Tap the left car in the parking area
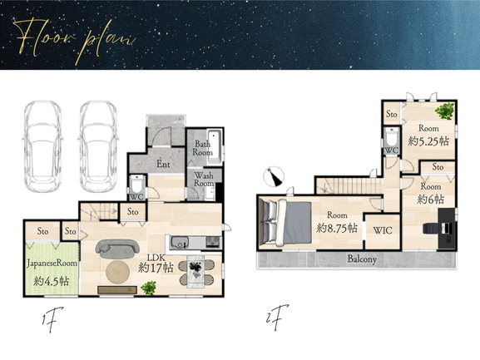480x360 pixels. pos(42,147)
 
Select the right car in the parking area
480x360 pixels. pos(98,147)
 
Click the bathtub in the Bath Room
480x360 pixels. pos(215,147)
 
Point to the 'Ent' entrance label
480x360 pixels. pos(163,165)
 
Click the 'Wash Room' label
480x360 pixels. pos(204,180)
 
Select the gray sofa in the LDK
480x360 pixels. pos(117,249)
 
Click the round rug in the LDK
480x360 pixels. pos(118,272)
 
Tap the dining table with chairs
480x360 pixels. pos(196,271)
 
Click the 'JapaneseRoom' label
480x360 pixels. pos(52,264)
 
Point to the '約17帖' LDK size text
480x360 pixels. pos(156,268)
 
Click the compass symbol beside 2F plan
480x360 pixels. pos(275,176)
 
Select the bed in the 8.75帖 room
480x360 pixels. pos(285,223)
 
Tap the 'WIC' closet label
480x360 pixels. pos(383,230)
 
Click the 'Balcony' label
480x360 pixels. pos(362,259)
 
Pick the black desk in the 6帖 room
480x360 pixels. pos(447,228)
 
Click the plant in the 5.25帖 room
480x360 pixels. pos(444,111)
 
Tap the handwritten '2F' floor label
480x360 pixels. pos(278,317)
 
